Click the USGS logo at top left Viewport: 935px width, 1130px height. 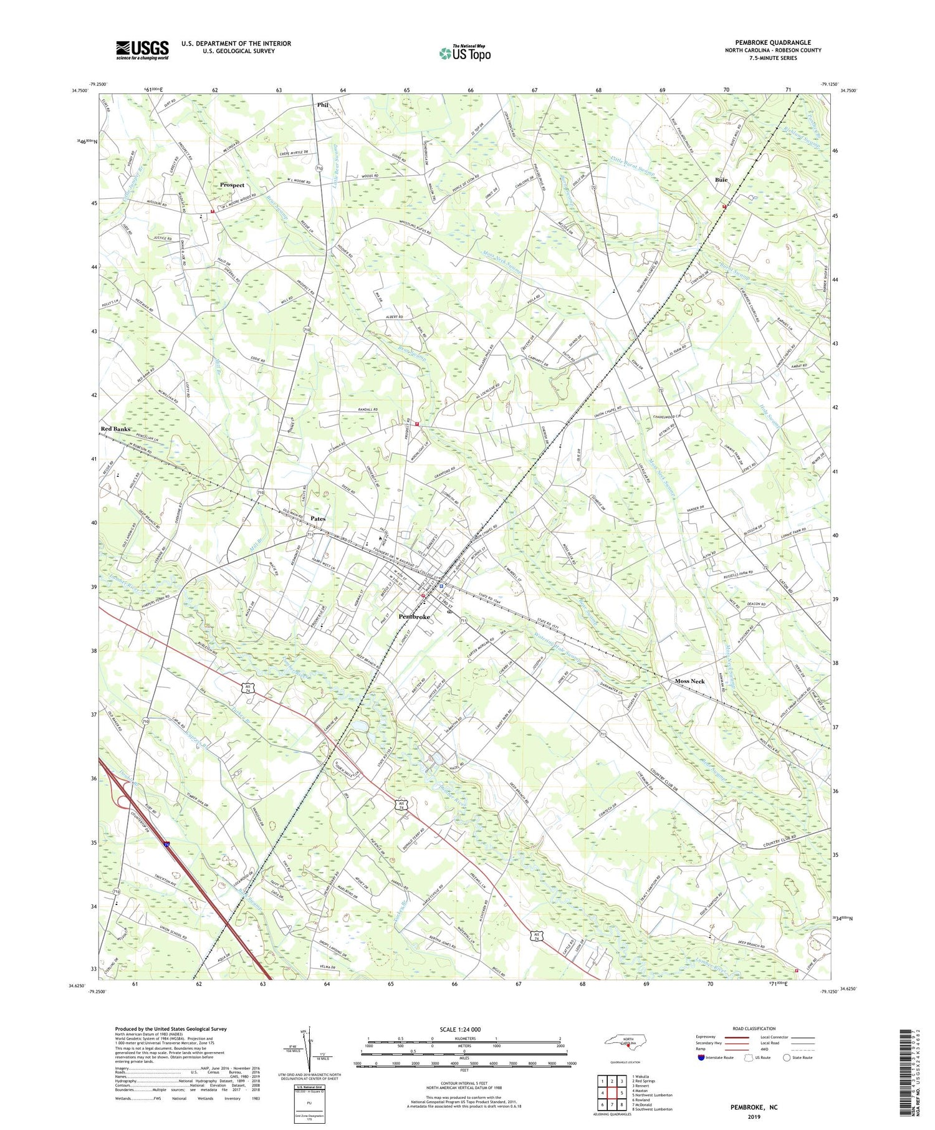click(142, 50)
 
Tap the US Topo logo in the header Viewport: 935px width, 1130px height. click(464, 54)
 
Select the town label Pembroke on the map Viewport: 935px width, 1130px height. click(415, 616)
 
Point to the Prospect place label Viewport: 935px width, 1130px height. click(232, 185)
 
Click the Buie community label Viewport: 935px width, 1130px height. click(721, 180)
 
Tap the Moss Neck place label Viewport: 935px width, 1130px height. click(689, 681)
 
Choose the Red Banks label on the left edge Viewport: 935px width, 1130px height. click(116, 429)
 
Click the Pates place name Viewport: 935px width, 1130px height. click(317, 519)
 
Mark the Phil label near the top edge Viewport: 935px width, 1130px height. click(322, 105)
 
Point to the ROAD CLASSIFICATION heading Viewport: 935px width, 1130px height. click(754, 1028)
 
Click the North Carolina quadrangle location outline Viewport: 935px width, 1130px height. click(626, 1042)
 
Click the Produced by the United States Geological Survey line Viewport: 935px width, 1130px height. click(171, 1029)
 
